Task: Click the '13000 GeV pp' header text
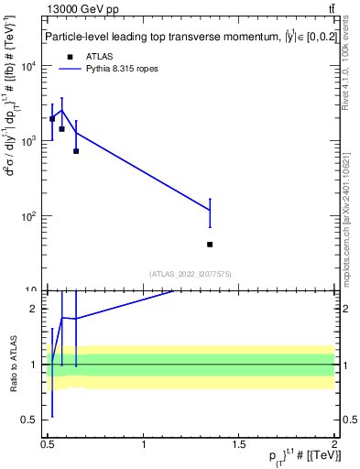pos(82,10)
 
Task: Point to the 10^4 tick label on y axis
pos(27,66)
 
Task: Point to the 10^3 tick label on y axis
pos(27,141)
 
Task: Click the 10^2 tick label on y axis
pos(27,216)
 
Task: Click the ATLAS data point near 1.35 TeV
pos(210,245)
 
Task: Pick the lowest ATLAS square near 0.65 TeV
pos(76,151)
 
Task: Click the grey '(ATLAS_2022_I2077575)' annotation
pos(190,273)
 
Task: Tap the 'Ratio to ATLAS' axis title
pos(12,364)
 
